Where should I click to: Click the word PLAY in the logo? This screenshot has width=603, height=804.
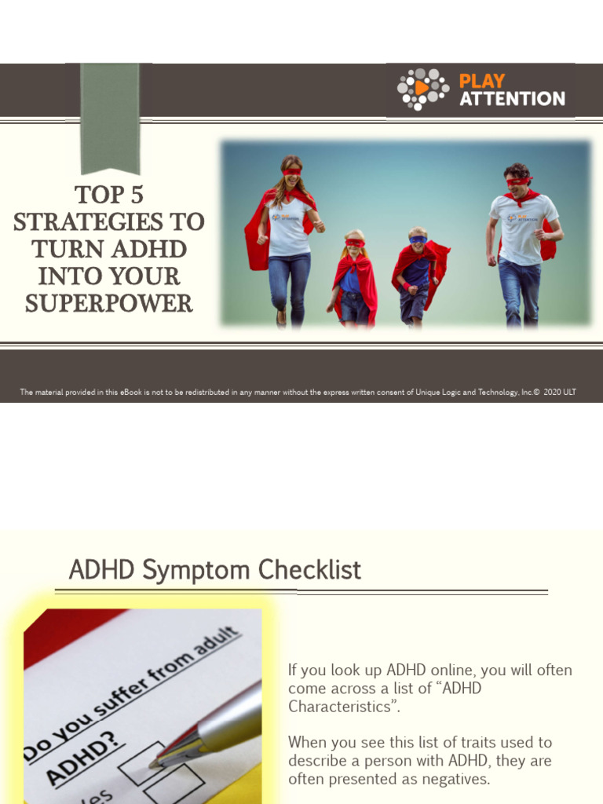481,81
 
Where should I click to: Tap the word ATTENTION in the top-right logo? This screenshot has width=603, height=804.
512,99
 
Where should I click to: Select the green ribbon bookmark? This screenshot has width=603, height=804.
110,118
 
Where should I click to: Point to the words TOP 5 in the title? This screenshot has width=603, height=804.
109,194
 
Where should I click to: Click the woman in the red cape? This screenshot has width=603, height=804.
285,236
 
